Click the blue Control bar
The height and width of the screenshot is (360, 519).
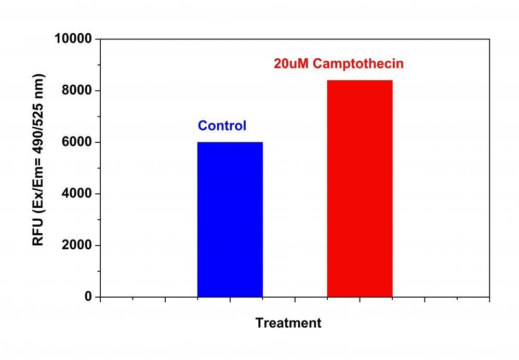pyautogui.click(x=230, y=219)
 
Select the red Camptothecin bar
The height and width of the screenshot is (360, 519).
pyautogui.click(x=359, y=189)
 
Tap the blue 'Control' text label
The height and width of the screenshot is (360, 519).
pyautogui.click(x=222, y=126)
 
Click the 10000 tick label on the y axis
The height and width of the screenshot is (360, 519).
pyautogui.click(x=73, y=39)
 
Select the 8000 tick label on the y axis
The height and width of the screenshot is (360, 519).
pyautogui.click(x=76, y=91)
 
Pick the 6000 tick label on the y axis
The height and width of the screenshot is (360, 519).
pyautogui.click(x=76, y=142)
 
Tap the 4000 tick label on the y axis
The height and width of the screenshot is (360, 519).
pyautogui.click(x=76, y=194)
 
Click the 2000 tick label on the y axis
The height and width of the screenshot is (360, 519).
pyautogui.click(x=76, y=245)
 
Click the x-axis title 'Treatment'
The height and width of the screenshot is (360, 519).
pyautogui.click(x=288, y=323)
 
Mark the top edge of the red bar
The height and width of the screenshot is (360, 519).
pyautogui.click(x=359, y=81)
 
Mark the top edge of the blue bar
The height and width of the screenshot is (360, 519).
pyautogui.click(x=230, y=142)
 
